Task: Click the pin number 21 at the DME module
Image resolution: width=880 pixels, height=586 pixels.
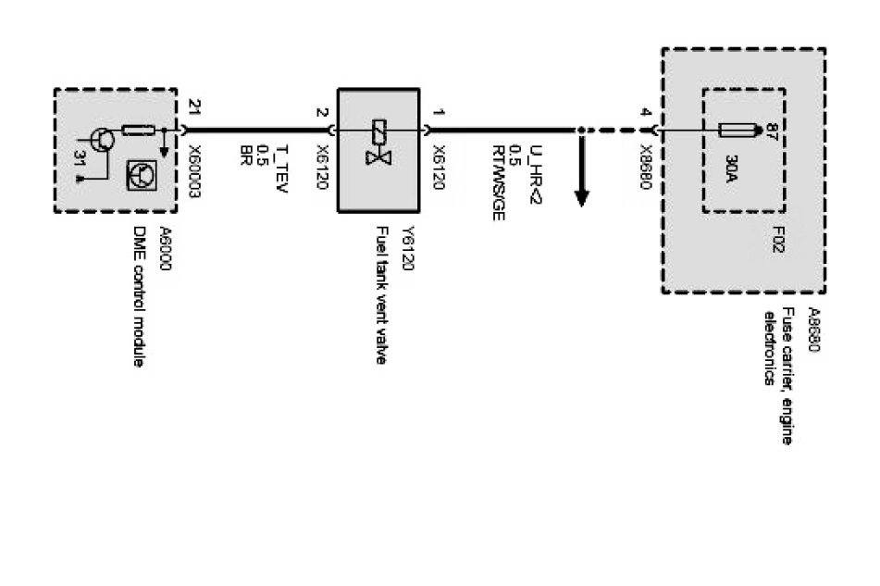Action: [192, 105]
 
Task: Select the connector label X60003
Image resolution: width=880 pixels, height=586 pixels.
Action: [192, 164]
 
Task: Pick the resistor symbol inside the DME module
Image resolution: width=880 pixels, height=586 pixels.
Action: [138, 131]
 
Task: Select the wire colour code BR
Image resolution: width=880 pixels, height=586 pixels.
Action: [246, 152]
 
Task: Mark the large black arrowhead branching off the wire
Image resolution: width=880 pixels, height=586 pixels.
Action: [583, 195]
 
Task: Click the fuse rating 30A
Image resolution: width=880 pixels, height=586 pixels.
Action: [730, 172]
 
